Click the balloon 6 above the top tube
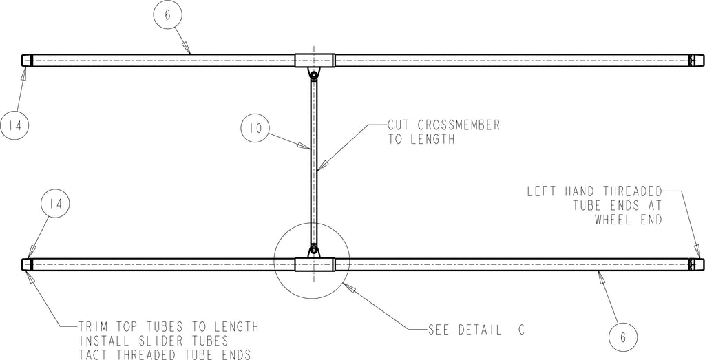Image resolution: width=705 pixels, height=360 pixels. [x=167, y=15]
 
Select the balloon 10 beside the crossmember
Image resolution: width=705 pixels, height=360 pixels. [x=255, y=129]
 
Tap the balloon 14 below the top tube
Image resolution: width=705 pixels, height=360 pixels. [x=14, y=125]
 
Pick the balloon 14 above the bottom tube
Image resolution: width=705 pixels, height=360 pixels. [x=56, y=204]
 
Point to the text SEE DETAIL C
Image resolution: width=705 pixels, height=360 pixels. [x=476, y=330]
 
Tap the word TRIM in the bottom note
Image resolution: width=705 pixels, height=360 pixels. [x=94, y=326]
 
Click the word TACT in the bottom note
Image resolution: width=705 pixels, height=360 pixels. [x=94, y=354]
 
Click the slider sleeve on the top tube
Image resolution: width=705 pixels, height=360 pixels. [x=315, y=60]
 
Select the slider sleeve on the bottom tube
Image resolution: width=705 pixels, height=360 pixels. [x=315, y=264]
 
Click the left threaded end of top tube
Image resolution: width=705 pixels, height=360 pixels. [x=27, y=60]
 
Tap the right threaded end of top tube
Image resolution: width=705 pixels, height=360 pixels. [x=696, y=60]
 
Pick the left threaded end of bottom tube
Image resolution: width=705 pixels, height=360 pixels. [x=27, y=264]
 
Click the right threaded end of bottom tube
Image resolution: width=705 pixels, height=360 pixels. [x=696, y=264]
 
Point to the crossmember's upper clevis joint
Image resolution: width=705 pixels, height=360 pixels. [x=314, y=73]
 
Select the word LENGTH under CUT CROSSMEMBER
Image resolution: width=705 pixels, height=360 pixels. [x=432, y=139]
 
